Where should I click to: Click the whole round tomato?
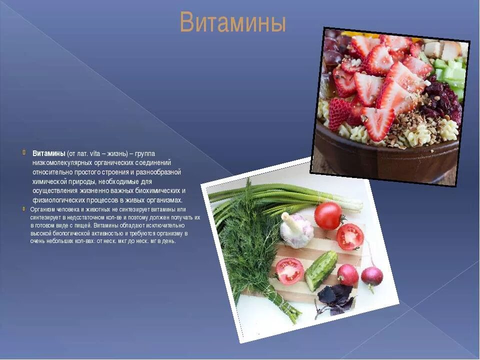click(328, 215)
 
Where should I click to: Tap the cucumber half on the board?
click(321, 270)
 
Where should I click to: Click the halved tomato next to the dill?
click(289, 271)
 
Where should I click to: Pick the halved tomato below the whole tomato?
click(349, 236)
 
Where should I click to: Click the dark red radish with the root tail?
click(372, 276)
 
